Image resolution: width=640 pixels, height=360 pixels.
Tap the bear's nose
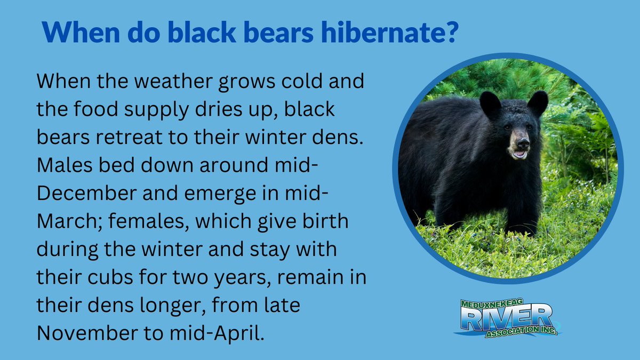click(523, 143)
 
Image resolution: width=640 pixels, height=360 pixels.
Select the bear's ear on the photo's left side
click(489, 105)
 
